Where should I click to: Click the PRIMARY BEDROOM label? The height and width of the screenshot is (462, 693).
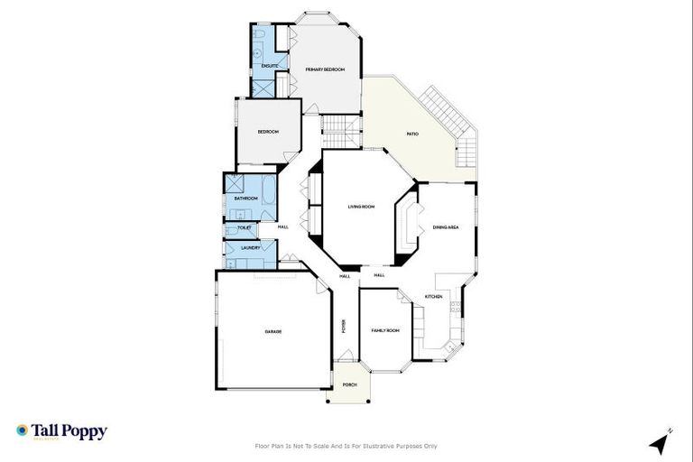click(325, 69)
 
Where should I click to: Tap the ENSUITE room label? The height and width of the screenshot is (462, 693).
click(269, 66)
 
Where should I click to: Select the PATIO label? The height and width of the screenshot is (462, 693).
click(412, 134)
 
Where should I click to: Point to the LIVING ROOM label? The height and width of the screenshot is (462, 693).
click(361, 207)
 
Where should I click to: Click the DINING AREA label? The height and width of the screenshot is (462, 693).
click(446, 227)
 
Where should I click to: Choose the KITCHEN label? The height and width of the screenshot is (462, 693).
click(433, 297)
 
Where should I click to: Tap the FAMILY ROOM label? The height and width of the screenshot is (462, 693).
click(385, 331)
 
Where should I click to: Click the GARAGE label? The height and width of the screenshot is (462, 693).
click(273, 332)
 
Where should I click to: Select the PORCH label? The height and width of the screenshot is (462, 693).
click(349, 385)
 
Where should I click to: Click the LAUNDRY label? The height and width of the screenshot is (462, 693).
click(251, 247)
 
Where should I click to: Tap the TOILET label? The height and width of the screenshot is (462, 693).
click(244, 228)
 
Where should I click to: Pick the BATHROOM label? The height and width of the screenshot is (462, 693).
click(245, 199)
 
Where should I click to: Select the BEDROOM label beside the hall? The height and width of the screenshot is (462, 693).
click(268, 132)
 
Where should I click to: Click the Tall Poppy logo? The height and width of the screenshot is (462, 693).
click(61, 431)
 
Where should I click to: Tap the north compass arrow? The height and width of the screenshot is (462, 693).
click(661, 443)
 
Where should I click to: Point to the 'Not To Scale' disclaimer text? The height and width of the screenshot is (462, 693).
click(346, 446)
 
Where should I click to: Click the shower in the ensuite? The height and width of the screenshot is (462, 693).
click(263, 88)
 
